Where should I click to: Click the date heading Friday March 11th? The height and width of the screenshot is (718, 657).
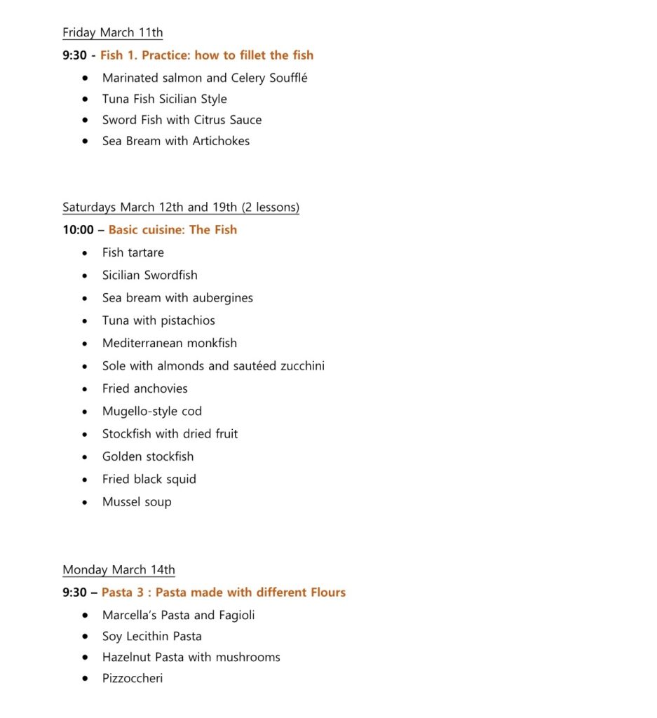(x=112, y=33)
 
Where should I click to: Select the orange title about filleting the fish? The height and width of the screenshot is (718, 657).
(x=206, y=55)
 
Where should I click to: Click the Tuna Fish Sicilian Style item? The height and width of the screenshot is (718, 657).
(x=164, y=99)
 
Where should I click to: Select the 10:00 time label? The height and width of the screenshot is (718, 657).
(x=78, y=230)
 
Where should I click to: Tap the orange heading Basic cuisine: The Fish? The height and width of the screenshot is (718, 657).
(x=172, y=230)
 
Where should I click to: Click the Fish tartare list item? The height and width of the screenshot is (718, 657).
(x=133, y=252)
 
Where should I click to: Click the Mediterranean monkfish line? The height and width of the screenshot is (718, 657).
(x=169, y=344)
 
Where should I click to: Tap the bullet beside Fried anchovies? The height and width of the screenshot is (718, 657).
(x=86, y=389)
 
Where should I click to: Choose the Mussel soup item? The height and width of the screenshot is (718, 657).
(x=137, y=502)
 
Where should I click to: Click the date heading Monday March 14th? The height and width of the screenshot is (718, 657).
(x=118, y=570)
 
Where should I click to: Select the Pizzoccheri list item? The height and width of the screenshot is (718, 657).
(x=132, y=679)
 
